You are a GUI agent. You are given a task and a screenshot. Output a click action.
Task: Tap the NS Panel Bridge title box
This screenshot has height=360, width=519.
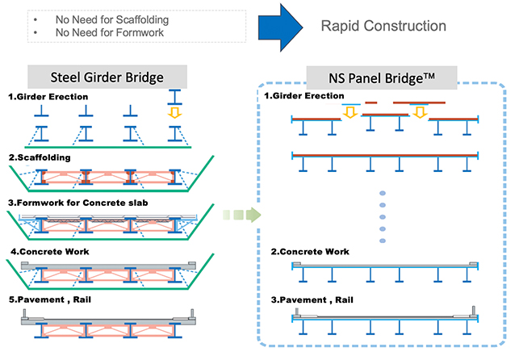coord(383,79)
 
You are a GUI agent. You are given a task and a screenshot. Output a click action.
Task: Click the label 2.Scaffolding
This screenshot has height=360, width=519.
coord(40,157)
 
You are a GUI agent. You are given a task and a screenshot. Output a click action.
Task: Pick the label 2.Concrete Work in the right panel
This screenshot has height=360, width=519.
coord(311,252)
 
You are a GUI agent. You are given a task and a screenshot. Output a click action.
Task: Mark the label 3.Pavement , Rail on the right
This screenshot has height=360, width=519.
coord(313,300)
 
